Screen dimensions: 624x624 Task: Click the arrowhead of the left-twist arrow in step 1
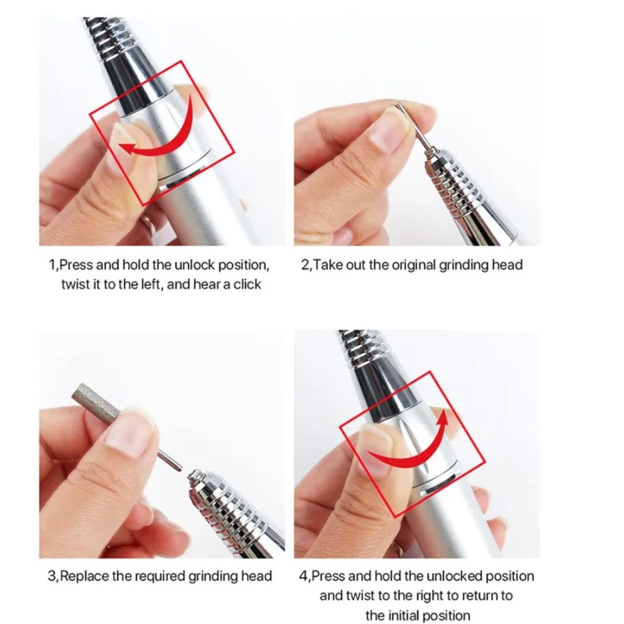(x=127, y=149)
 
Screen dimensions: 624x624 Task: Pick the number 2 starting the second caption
(x=305, y=265)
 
